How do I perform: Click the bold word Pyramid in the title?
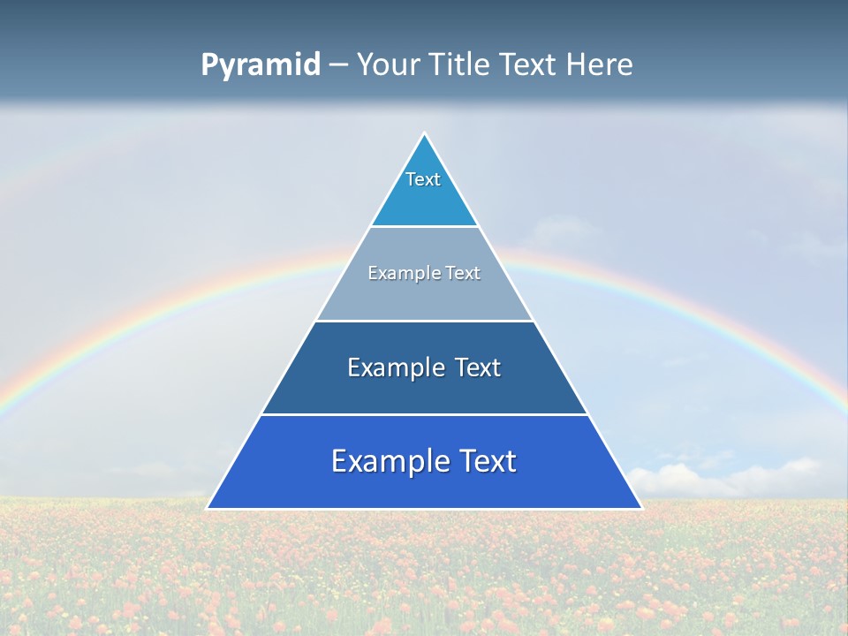tap(261, 65)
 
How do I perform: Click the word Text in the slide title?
tap(529, 65)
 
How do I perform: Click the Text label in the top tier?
tap(423, 179)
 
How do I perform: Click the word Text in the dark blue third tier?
tap(478, 367)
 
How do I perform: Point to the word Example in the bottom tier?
tap(387, 461)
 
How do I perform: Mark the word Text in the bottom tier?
tap(486, 461)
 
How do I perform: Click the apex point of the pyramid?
tap(425, 134)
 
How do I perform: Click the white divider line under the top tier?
tap(424, 227)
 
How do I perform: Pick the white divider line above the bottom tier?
tap(424, 414)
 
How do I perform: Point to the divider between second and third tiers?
tap(424, 321)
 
